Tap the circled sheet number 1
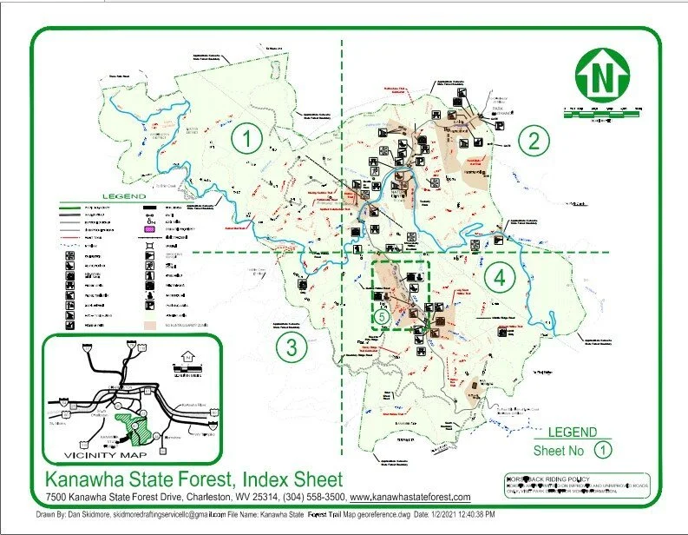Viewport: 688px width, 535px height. (x=250, y=139)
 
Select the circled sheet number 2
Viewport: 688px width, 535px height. (x=535, y=140)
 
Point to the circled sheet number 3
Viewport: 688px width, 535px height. (x=292, y=347)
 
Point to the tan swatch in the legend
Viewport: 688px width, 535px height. (x=150, y=324)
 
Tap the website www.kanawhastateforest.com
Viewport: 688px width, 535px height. (x=410, y=498)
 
